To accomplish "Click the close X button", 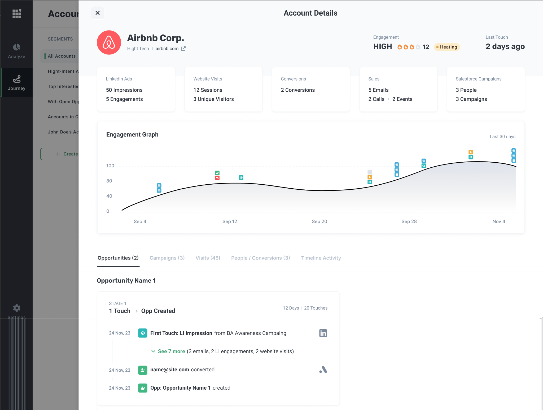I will click(x=98, y=13).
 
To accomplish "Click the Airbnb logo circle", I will click(x=109, y=42).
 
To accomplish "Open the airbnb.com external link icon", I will click(x=183, y=48).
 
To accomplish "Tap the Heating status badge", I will click(x=447, y=47).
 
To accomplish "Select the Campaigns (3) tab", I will click(x=167, y=258).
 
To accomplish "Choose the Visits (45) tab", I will click(x=208, y=258).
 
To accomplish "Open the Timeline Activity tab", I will click(x=321, y=258).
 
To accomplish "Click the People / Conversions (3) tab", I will click(x=260, y=258).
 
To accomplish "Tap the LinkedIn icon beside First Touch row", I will click(x=323, y=333).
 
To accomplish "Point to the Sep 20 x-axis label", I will click(x=319, y=221).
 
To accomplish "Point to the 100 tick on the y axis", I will click(x=110, y=166).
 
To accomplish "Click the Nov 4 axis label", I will click(x=499, y=221).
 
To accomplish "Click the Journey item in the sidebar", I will click(x=16, y=83).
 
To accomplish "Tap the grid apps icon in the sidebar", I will click(x=16, y=14).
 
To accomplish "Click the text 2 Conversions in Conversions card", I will click(x=298, y=90).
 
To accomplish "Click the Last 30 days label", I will click(x=502, y=137).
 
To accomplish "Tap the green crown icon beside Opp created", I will click(x=143, y=388).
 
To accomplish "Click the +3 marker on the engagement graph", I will click(x=370, y=172).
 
